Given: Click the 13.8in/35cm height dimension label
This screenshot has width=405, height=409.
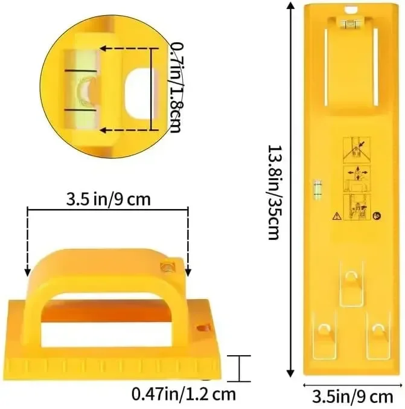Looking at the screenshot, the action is pyautogui.click(x=275, y=192).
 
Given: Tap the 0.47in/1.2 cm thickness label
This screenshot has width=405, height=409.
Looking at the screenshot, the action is pyautogui.click(x=183, y=394).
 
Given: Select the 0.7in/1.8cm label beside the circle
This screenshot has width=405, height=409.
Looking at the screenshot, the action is pyautogui.click(x=177, y=88).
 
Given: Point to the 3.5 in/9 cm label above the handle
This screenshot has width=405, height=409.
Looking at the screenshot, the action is pyautogui.click(x=109, y=199).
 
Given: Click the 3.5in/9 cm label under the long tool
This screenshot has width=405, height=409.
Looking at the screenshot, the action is pyautogui.click(x=352, y=397).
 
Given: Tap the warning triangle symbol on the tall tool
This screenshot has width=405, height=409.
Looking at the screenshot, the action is pyautogui.click(x=337, y=216).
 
